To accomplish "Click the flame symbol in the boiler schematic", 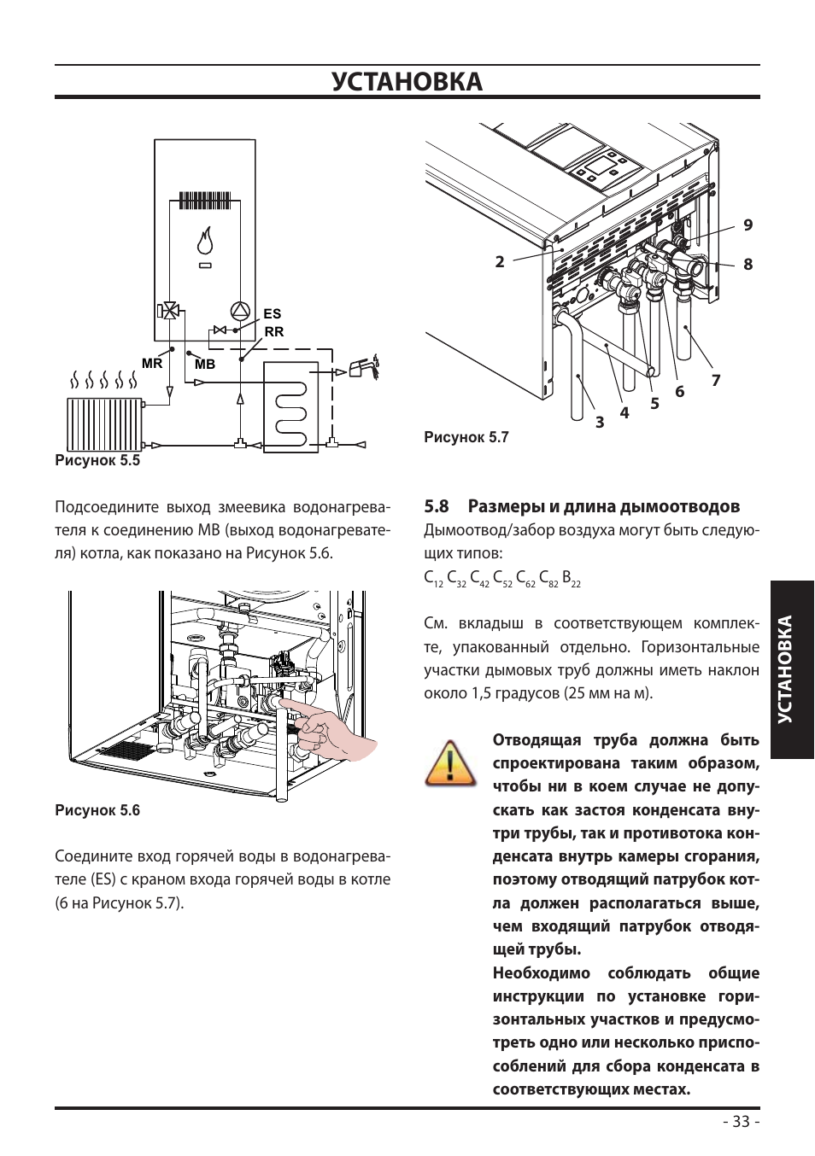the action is point(206,239).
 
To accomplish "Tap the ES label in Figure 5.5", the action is point(272,314).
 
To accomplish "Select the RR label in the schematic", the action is point(273,332).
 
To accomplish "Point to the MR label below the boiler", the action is point(152,364).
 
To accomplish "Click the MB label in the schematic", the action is point(204,365).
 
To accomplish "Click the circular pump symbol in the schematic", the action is point(240,312).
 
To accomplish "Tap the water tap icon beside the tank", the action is point(364,368).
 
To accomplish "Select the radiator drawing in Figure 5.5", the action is point(105,423).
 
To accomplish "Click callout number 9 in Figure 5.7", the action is point(748,225).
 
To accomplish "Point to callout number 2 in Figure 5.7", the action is point(500,262).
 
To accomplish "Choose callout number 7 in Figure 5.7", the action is point(715,380).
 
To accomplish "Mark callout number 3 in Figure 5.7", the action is point(600,422).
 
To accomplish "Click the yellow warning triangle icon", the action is point(450,763).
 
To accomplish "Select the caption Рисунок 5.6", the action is point(97,810).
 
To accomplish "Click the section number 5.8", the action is point(437,506).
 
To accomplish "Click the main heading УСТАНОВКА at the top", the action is point(407,82).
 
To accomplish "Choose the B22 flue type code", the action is point(572,579).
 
